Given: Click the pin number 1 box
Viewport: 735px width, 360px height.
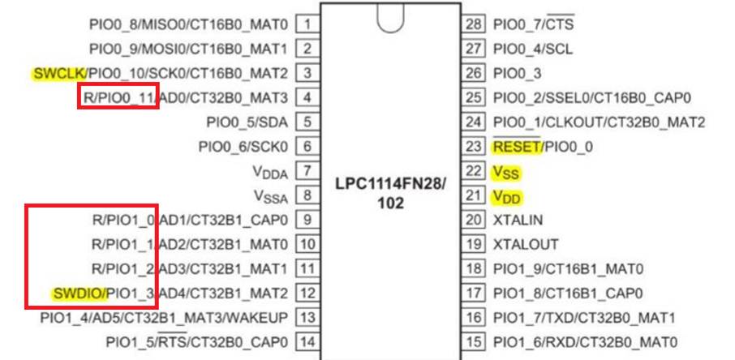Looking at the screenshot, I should pos(307,24).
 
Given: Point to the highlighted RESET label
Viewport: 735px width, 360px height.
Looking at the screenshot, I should pos(514,147).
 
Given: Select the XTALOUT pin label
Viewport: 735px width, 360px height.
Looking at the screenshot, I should pos(524,244).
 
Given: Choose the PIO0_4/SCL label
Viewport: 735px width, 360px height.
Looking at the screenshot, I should pos(533,49).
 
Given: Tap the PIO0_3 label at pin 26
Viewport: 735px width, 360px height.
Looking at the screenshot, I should pos(518,74).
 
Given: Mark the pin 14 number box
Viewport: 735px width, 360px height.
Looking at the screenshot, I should pos(307,341).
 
